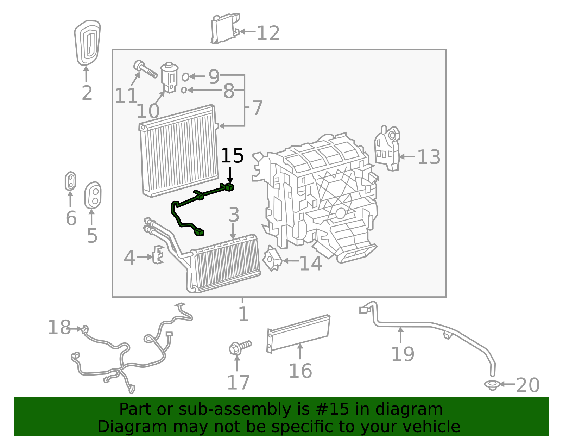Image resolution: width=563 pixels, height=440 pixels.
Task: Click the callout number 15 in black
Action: [x=232, y=156]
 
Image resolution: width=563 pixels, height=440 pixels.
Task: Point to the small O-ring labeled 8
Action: [x=184, y=90]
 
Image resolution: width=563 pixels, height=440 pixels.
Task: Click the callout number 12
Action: [x=268, y=33]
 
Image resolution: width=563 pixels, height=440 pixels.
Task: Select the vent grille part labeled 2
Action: [x=87, y=43]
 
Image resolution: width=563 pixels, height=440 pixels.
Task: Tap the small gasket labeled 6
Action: [x=71, y=181]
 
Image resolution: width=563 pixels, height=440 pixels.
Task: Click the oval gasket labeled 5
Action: [x=93, y=196]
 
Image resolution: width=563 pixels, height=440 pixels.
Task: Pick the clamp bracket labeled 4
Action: [x=158, y=254]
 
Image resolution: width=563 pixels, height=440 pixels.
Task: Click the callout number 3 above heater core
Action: [x=234, y=215]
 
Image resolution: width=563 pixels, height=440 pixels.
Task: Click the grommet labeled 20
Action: [x=492, y=385]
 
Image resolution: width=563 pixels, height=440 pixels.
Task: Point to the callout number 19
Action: [x=403, y=354]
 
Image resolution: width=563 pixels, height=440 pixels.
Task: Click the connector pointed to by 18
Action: [x=85, y=330]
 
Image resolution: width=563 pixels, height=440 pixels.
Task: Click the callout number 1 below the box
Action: [x=243, y=314]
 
